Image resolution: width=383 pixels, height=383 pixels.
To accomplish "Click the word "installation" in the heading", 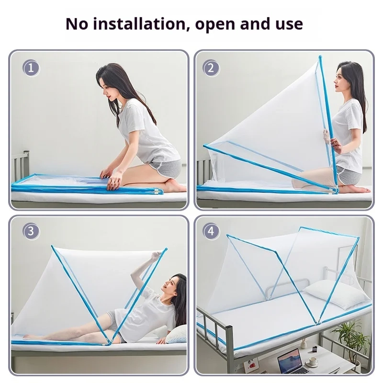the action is coord(140,24).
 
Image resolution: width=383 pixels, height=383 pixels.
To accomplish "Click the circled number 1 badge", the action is coord(31,68).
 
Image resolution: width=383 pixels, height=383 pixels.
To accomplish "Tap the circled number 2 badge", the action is coord(211,68).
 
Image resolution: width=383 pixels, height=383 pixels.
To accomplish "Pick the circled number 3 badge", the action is coord(31,231).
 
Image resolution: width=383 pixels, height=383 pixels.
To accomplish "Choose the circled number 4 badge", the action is coord(211,231).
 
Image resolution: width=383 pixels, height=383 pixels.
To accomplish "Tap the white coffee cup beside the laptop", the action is coord(313,361).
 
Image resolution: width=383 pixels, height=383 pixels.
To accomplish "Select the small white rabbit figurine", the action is coord(304,344).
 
